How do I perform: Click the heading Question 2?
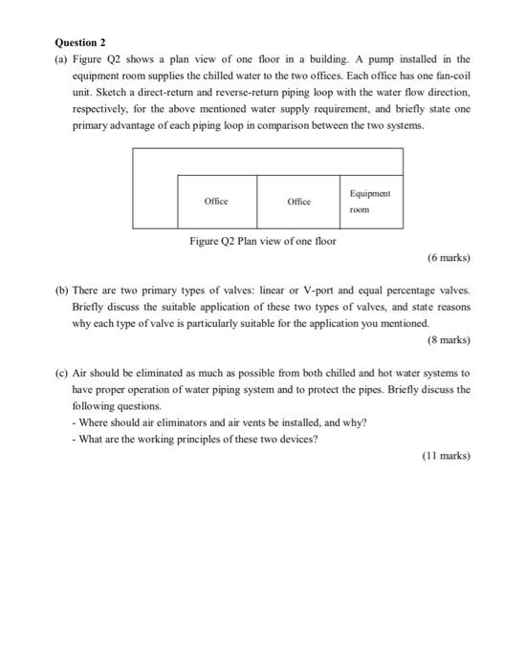79,43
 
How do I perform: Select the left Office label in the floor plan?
216,202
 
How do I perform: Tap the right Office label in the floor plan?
298,202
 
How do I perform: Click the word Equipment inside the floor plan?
368,193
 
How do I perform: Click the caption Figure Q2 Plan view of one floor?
262,242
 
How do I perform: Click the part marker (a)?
63,59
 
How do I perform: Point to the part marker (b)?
63,289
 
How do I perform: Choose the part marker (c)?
63,372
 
